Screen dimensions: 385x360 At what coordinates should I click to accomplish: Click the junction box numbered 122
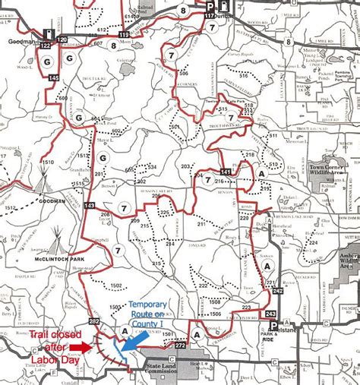point(46,46)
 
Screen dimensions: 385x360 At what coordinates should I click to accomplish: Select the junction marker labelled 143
point(90,206)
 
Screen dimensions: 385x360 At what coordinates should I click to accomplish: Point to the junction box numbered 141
point(225,172)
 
